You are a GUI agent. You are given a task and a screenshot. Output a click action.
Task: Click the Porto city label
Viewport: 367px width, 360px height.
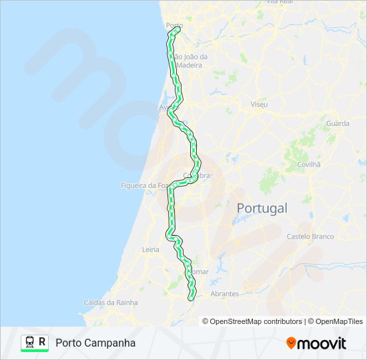click(x=173, y=26)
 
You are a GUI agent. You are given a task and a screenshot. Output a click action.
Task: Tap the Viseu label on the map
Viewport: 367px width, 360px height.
click(x=258, y=105)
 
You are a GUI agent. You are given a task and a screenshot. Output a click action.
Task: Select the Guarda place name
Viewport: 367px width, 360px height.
click(x=338, y=123)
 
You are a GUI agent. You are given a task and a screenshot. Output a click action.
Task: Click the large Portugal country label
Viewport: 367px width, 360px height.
click(x=262, y=208)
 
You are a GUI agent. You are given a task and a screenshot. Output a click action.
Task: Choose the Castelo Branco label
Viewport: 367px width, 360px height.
click(x=309, y=237)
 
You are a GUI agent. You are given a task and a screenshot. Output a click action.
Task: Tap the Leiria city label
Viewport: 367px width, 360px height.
click(x=151, y=249)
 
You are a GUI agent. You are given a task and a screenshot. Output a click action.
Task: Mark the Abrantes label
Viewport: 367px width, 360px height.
click(x=224, y=293)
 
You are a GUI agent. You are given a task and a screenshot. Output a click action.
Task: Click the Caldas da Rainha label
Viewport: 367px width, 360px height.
click(x=111, y=302)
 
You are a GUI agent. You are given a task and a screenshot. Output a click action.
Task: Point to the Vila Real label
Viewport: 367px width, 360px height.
click(x=280, y=2)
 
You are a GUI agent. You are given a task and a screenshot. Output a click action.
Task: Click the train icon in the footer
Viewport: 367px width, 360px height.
click(x=29, y=342)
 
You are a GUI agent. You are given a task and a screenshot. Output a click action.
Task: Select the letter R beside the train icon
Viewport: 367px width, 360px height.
click(x=43, y=342)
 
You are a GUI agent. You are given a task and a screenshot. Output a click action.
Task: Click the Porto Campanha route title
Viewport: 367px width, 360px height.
click(x=95, y=343)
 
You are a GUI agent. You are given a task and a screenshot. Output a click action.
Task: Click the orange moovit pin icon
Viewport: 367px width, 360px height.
click(x=291, y=343)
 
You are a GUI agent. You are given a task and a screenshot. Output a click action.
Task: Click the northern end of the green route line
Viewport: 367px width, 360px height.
click(x=177, y=29)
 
